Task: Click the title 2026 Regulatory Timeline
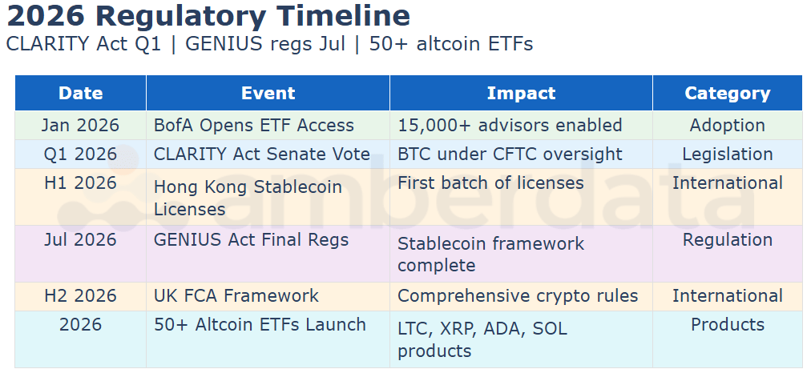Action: coord(208,16)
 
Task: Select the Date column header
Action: coord(81,93)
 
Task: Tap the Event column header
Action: coord(268,93)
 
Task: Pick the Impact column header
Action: coord(522,93)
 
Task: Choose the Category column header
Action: coord(728,94)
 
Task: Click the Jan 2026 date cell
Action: coord(81,125)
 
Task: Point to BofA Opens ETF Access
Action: coord(254,126)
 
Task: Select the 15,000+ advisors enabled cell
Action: coord(510,126)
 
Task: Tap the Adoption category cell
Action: coord(728,126)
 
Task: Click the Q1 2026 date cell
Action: coord(81,154)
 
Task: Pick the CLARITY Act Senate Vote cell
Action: coord(262,154)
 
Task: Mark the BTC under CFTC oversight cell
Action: coord(510,154)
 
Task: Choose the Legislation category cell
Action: coord(728,154)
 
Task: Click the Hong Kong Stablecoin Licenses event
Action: coord(248,198)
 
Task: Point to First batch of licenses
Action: coord(490,182)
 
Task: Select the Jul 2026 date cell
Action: coord(81,239)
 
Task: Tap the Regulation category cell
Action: coord(728,240)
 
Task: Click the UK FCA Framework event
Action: coord(236,296)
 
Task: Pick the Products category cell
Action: coord(728,324)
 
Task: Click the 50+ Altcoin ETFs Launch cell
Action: coord(260,325)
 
